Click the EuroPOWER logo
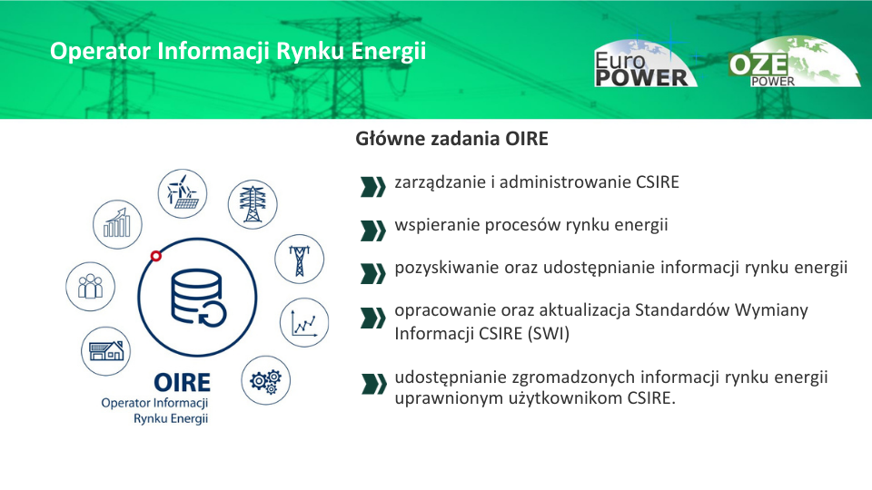click(645, 64)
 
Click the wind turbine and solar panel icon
click(183, 193)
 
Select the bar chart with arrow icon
click(117, 224)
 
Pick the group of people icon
click(91, 287)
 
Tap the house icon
click(106, 351)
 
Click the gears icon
click(266, 380)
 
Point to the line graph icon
click(304, 322)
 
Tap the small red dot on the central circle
click(156, 256)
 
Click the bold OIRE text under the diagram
click(182, 383)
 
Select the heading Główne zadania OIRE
click(451, 139)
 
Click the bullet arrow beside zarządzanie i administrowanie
click(372, 187)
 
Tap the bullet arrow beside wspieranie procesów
click(372, 230)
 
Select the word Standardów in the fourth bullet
click(682, 309)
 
